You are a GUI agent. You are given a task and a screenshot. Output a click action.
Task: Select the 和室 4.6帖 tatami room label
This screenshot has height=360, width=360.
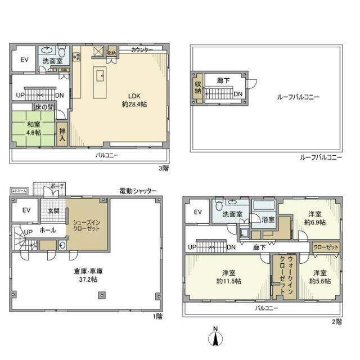tap(33, 129)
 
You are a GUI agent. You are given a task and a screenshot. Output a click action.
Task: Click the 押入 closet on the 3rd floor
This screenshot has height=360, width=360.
tap(62, 135)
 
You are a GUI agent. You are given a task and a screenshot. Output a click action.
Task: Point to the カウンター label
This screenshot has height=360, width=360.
tap(142, 50)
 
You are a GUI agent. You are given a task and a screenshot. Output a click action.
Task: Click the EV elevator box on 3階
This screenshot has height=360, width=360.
tap(25, 60)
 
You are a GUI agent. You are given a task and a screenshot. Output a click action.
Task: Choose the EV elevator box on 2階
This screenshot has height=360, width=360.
tap(197, 212)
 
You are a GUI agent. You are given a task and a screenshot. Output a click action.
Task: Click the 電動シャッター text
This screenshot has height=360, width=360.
tap(138, 191)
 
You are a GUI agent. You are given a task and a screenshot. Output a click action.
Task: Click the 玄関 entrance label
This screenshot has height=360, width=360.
tap(53, 211)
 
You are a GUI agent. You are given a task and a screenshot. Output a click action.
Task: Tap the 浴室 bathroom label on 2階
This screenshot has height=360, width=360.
tap(268, 220)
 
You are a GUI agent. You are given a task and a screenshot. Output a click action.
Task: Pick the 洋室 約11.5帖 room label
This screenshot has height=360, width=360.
tap(228, 277)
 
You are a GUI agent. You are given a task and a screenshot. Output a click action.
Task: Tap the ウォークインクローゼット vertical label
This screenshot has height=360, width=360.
tap(278, 276)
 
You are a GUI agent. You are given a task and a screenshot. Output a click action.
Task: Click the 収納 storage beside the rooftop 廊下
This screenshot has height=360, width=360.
tap(198, 88)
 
